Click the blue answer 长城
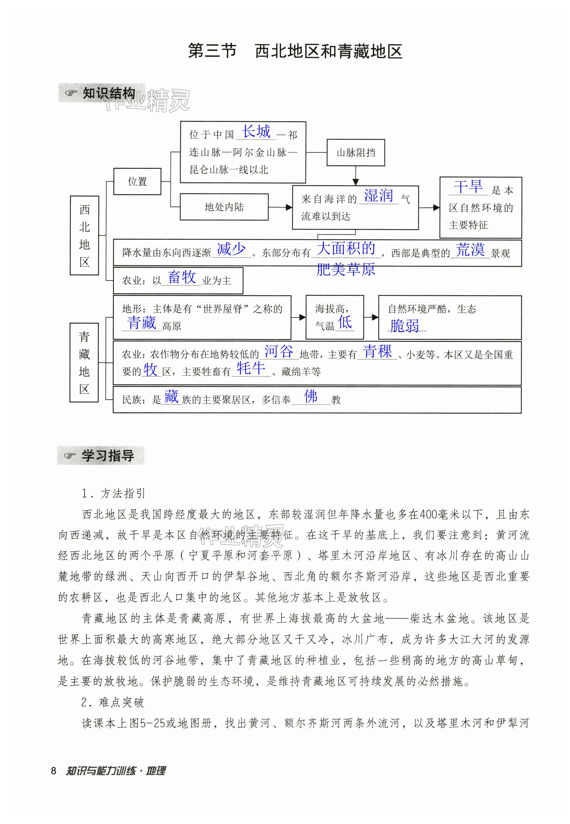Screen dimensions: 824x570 [x=256, y=131]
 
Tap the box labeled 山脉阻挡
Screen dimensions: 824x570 [x=355, y=153]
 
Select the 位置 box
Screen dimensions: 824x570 [x=137, y=181]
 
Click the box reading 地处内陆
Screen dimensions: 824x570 [x=224, y=207]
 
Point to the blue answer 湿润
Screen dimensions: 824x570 [x=378, y=196]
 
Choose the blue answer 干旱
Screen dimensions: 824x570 [x=468, y=187]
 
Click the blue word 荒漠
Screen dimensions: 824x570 [x=470, y=249]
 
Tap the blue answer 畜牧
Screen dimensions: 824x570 [x=182, y=277]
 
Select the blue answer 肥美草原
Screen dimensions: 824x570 [x=345, y=269]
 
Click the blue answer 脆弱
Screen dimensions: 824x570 [x=404, y=325]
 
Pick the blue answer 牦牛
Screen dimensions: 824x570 [x=251, y=368]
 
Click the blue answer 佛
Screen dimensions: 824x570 [x=310, y=397]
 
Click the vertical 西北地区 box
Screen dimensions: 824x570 [x=84, y=235]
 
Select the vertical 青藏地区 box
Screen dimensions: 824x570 [x=84, y=363]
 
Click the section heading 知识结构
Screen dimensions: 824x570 [x=109, y=94]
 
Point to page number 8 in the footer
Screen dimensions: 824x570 [x=54, y=771]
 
